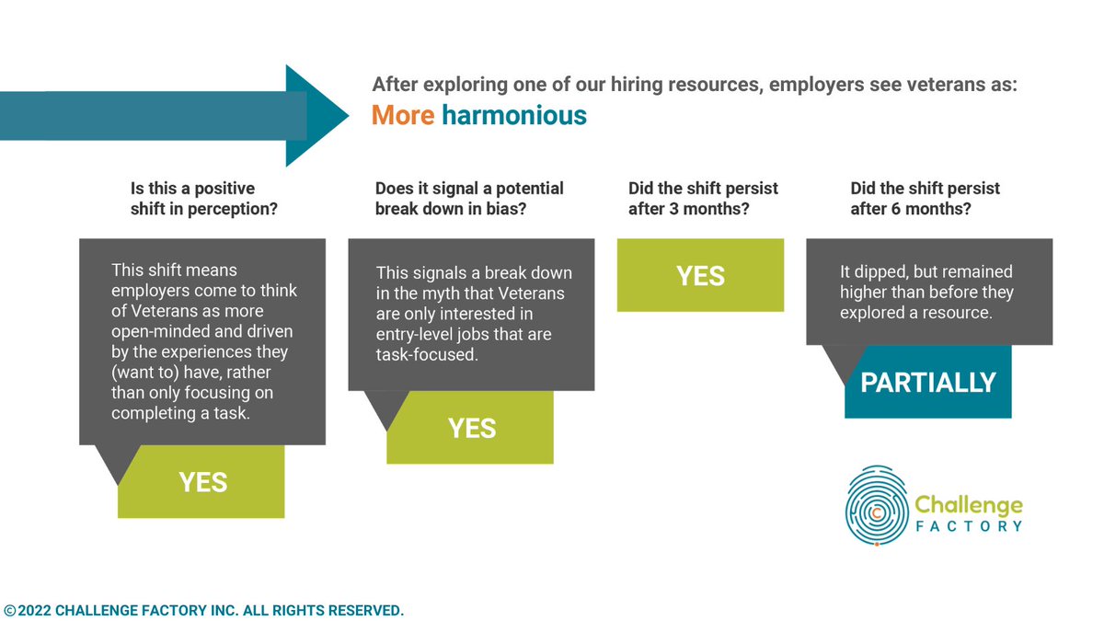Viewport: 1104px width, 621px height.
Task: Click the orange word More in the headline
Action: pos(402,116)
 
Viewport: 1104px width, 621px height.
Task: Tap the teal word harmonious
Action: pos(513,116)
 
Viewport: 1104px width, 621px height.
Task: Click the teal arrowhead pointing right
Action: pos(317,116)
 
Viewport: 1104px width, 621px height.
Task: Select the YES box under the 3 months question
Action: pos(700,275)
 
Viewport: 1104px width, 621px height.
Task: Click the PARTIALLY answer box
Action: pos(927,382)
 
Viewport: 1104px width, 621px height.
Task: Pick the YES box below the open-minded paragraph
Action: pos(201,482)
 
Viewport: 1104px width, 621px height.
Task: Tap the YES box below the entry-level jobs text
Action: pos(470,428)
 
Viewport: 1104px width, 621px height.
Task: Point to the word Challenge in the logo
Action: pos(968,505)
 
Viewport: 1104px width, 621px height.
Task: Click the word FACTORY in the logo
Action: pos(968,526)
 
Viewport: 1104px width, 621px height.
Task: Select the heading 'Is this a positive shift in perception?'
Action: pos(204,198)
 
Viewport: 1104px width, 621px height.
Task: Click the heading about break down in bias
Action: pos(469,198)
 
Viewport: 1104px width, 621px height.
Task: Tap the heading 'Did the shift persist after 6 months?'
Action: pos(925,198)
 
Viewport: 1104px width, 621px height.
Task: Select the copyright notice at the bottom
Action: pos(203,610)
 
